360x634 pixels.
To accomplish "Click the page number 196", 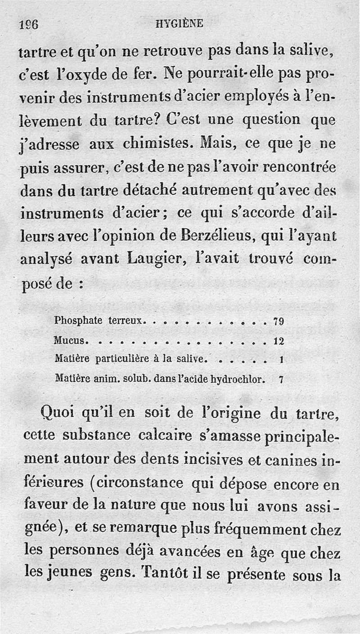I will (28, 25).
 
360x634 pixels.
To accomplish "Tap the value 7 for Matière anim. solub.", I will (281, 379).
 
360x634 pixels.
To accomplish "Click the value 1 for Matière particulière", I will (281, 360).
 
